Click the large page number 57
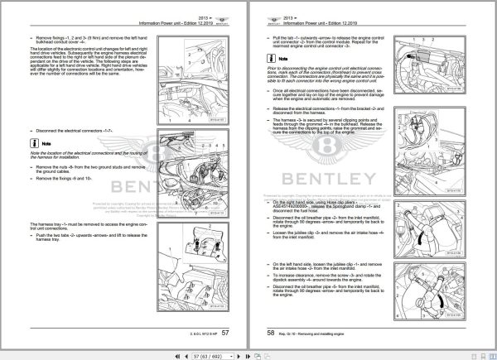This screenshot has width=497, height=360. pos(238,333)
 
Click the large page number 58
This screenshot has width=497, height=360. pos(271,333)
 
